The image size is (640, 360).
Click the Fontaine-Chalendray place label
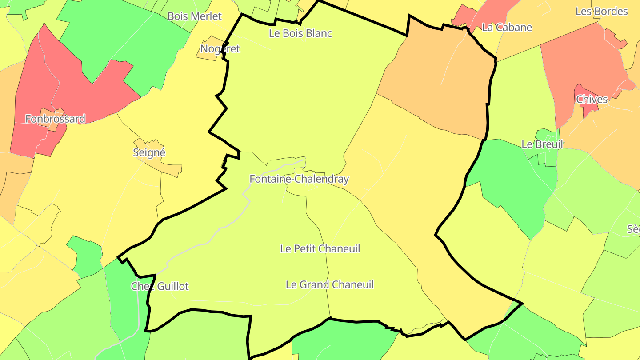(x=299, y=179)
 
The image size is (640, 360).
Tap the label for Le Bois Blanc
(x=300, y=33)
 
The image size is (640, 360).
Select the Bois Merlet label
(x=194, y=16)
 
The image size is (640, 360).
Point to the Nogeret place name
(x=220, y=49)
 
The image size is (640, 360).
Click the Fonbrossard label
(x=55, y=119)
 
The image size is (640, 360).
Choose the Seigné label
(x=149, y=153)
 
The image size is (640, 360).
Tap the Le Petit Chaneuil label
(x=320, y=249)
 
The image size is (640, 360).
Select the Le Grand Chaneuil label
(x=330, y=284)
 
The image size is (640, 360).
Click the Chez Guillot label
(x=160, y=286)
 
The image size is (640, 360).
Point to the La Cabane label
(x=507, y=28)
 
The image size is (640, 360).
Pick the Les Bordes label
(x=601, y=12)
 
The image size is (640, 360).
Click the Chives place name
(x=592, y=100)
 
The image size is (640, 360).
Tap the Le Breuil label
(x=542, y=144)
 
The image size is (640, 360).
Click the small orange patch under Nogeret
(x=208, y=54)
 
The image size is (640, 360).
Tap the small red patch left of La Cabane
(x=462, y=16)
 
